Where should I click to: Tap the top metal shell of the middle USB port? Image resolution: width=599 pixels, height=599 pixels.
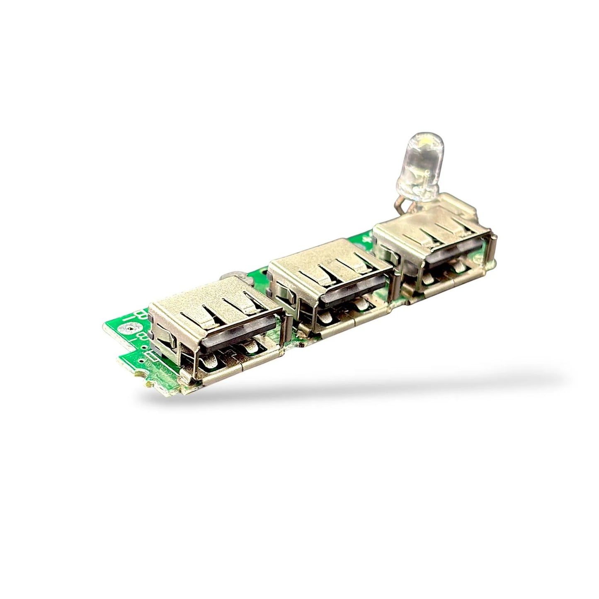pos(327,265)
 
